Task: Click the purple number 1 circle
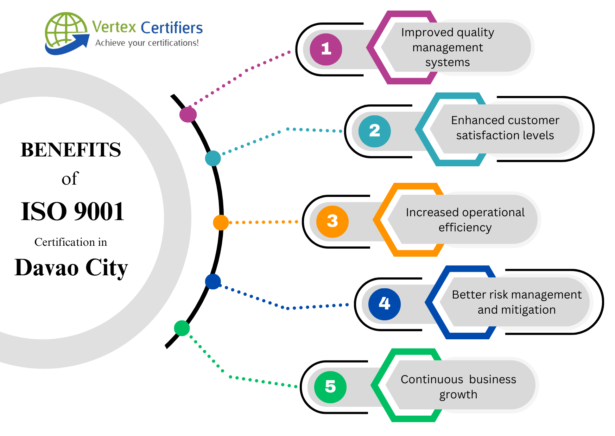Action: pyautogui.click(x=326, y=49)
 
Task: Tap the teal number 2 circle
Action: pyautogui.click(x=374, y=131)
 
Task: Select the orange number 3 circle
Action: pyautogui.click(x=332, y=222)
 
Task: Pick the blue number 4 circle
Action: pyautogui.click(x=384, y=304)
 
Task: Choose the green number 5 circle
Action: pyautogui.click(x=330, y=387)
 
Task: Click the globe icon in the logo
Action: pyautogui.click(x=65, y=32)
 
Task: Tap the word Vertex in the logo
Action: pyautogui.click(x=114, y=27)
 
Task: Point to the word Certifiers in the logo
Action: pyautogui.click(x=172, y=28)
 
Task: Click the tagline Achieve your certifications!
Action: pyautogui.click(x=147, y=43)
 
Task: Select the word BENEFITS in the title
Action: pyautogui.click(x=71, y=150)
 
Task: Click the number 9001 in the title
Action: pyautogui.click(x=99, y=212)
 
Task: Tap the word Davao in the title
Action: pyautogui.click(x=46, y=268)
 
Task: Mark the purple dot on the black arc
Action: pyautogui.click(x=188, y=115)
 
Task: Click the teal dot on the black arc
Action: pyautogui.click(x=213, y=158)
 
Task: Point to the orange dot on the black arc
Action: pyautogui.click(x=221, y=223)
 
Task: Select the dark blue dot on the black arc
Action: pyautogui.click(x=213, y=282)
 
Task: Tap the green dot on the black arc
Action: pyautogui.click(x=182, y=328)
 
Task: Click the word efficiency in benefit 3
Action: pyautogui.click(x=465, y=228)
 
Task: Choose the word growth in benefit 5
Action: pyautogui.click(x=458, y=395)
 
